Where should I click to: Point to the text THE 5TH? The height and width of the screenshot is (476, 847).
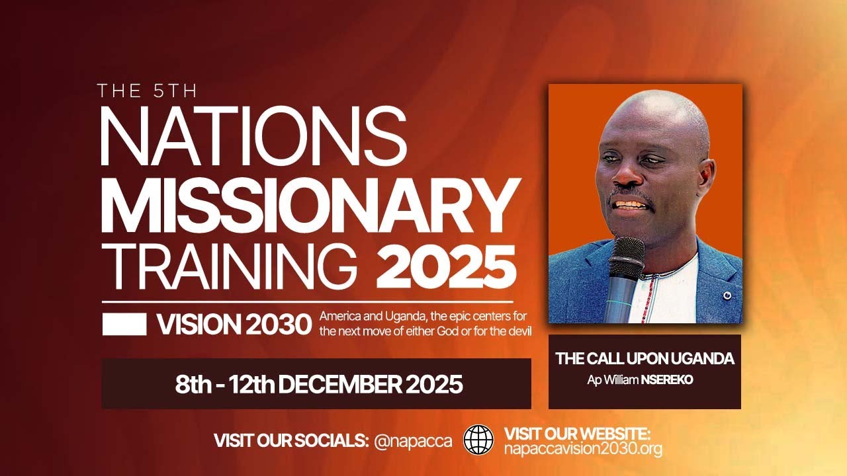(x=146, y=91)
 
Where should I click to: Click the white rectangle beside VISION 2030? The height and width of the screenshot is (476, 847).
(x=124, y=324)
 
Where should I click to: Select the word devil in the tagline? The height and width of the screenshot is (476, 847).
(x=517, y=330)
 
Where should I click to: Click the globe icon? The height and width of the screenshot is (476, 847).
(x=478, y=440)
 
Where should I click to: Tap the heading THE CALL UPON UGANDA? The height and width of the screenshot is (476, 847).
(x=645, y=359)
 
